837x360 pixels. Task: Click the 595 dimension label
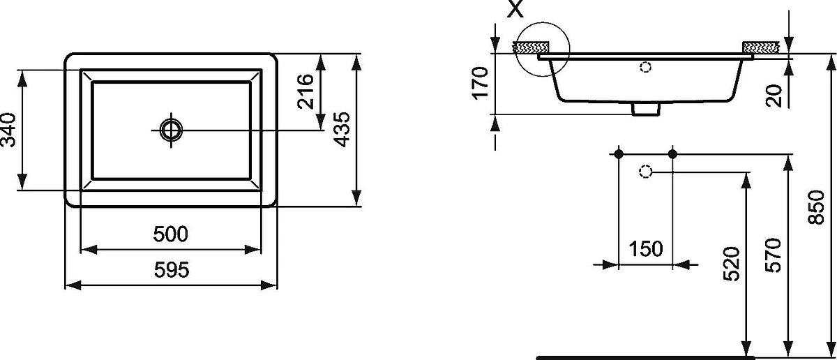tap(172, 270)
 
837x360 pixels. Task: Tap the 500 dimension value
tap(170, 234)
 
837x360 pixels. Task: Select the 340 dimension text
tap(8, 130)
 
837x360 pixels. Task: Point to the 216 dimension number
tap(306, 91)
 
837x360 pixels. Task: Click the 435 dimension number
tap(342, 129)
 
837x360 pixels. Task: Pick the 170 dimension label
tap(480, 83)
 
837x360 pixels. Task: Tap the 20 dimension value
tap(774, 96)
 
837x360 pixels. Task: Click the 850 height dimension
tap(816, 207)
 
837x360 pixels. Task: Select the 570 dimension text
tap(773, 255)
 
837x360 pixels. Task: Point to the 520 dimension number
tap(731, 264)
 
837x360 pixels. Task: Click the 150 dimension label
tap(646, 249)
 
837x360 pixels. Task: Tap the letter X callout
tap(515, 8)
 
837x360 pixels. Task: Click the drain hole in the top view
tap(171, 130)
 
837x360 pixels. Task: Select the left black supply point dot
tap(619, 153)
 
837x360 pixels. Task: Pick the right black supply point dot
tap(672, 153)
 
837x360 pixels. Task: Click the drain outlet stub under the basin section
tap(646, 109)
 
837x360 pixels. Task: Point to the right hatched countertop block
tap(761, 47)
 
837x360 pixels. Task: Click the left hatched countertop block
tap(531, 47)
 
